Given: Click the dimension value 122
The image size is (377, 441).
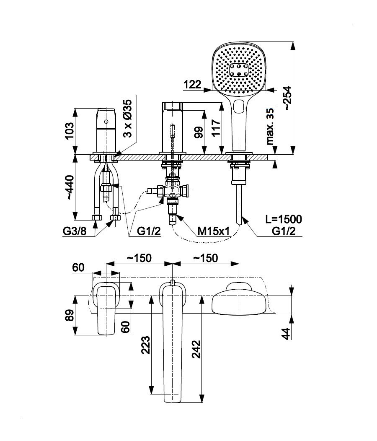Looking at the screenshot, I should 192,84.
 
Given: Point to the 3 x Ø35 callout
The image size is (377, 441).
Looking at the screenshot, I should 128,119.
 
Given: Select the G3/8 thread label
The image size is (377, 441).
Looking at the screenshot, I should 75,231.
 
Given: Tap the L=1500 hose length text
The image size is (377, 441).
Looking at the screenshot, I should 284,219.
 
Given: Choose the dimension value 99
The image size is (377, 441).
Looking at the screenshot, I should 199,132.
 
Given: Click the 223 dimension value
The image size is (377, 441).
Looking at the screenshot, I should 145,345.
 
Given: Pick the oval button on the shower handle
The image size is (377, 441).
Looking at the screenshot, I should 240,106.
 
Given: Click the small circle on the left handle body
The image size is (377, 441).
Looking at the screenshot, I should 106,122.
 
